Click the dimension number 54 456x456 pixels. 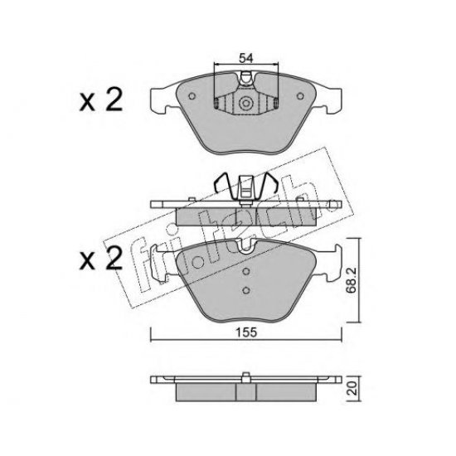point(245,57)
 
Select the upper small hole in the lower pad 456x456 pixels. point(245,274)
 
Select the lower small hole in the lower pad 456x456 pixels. point(245,290)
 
